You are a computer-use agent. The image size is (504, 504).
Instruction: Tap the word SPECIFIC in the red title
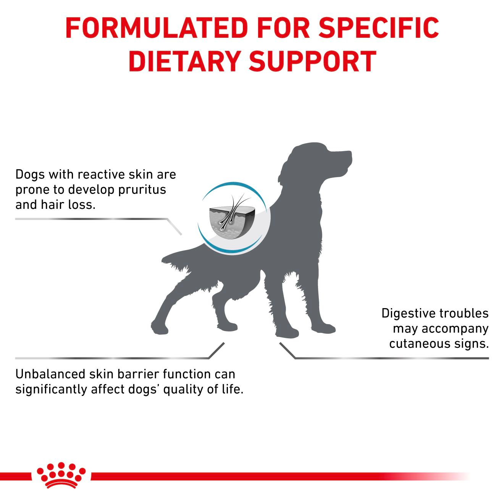click(x=378, y=27)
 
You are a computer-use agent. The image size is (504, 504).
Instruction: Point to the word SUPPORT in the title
click(x=313, y=61)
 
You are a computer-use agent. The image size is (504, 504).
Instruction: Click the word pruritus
click(x=142, y=190)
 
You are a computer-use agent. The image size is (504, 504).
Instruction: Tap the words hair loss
click(x=69, y=205)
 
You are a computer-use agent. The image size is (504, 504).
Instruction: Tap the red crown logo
click(x=61, y=475)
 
